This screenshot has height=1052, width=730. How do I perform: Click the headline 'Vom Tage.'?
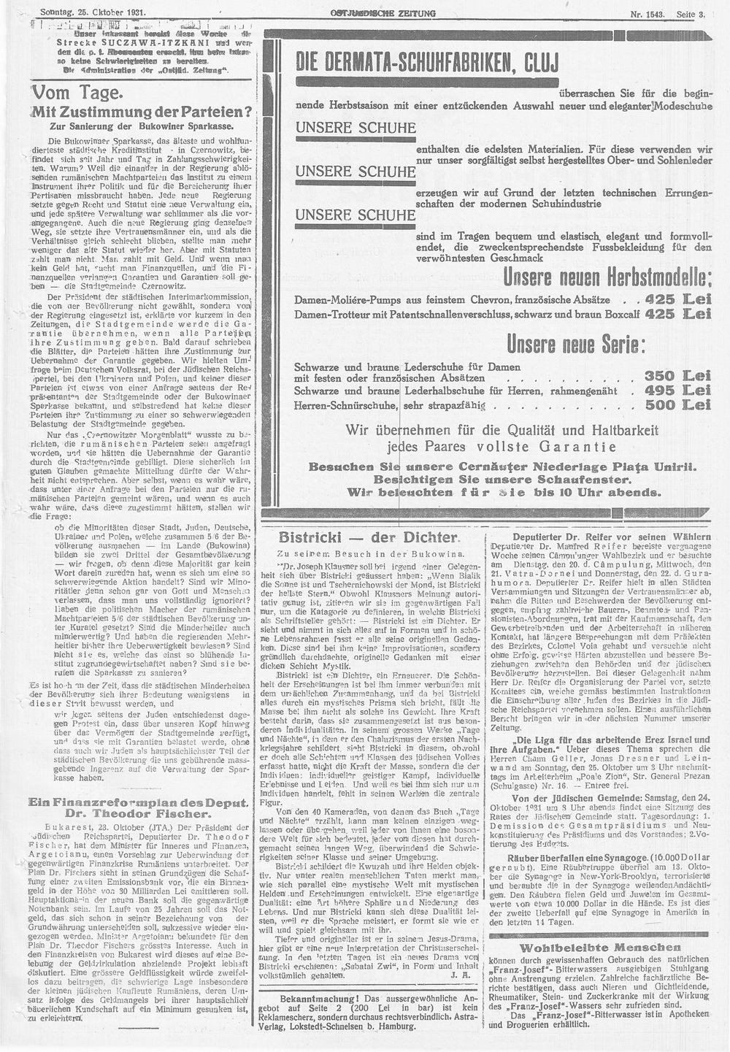click(x=82, y=93)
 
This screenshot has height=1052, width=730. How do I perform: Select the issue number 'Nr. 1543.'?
click(x=646, y=14)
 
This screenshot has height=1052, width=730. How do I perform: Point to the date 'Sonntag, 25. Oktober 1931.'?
click(x=92, y=12)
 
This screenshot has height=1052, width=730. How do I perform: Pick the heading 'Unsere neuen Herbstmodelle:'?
click(x=607, y=278)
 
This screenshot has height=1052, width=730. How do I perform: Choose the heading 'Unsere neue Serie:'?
click(x=576, y=343)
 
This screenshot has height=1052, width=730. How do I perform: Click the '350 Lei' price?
click(x=677, y=375)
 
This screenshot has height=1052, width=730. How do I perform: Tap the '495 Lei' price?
click(x=677, y=391)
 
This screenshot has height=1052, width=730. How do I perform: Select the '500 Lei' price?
click(x=677, y=405)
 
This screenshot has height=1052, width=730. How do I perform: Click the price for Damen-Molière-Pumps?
click(x=677, y=299)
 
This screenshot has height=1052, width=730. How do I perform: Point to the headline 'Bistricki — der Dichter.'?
click(x=369, y=537)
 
